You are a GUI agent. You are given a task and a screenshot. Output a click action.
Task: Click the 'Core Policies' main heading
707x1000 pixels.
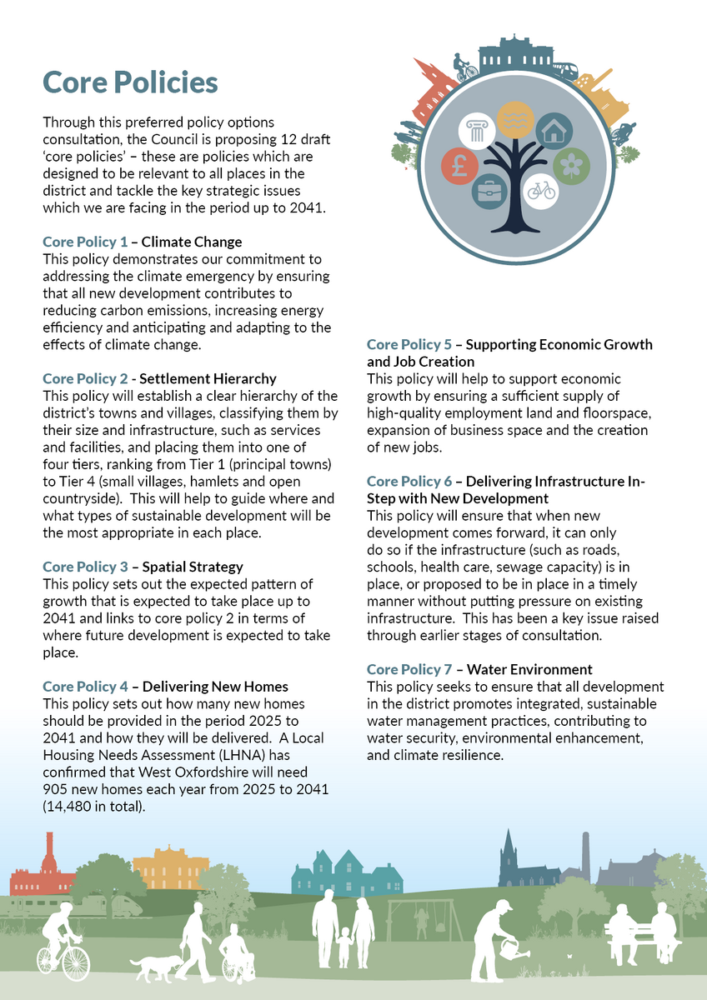tap(130, 82)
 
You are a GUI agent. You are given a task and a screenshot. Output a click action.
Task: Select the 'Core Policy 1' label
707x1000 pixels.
tap(85, 242)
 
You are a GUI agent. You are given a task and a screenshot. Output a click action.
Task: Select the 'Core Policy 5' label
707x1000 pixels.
tap(409, 344)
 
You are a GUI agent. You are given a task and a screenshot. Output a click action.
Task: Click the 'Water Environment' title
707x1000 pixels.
tap(529, 669)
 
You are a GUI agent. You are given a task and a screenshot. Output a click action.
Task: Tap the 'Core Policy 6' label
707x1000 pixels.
tap(409, 481)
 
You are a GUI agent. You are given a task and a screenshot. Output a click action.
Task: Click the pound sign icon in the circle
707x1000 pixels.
tap(459, 165)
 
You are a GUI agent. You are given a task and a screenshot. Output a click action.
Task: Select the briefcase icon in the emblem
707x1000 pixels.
tap(489, 192)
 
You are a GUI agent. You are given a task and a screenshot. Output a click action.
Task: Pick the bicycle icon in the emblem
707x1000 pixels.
tap(540, 191)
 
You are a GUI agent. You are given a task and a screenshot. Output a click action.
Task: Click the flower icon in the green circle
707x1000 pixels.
tap(571, 164)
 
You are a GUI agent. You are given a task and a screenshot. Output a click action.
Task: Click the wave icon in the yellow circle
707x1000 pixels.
tap(514, 119)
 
